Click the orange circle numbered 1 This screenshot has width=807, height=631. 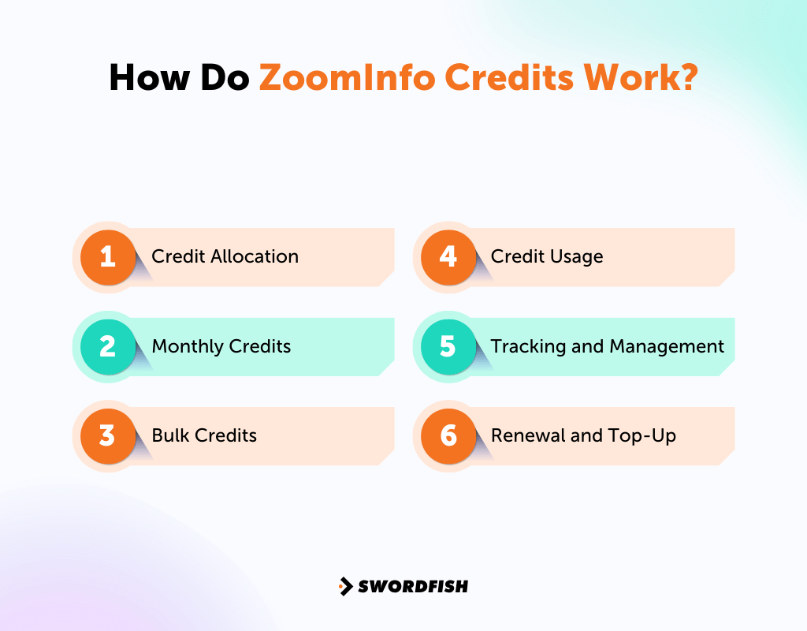(x=108, y=256)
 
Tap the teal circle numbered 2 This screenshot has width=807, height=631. (x=108, y=346)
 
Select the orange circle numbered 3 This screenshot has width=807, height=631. (x=108, y=435)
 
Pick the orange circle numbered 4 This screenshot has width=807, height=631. (x=448, y=256)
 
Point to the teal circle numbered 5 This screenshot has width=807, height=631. (x=448, y=346)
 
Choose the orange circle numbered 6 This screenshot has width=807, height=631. (x=448, y=435)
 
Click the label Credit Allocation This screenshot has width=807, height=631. (x=225, y=256)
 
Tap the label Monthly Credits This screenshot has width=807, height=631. (x=221, y=346)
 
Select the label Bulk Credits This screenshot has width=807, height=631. (x=204, y=435)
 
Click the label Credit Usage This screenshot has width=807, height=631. (x=547, y=256)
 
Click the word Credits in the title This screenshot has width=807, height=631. (x=500, y=78)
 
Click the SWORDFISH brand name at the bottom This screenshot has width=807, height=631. (x=413, y=586)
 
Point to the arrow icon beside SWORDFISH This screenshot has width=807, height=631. (x=345, y=586)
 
